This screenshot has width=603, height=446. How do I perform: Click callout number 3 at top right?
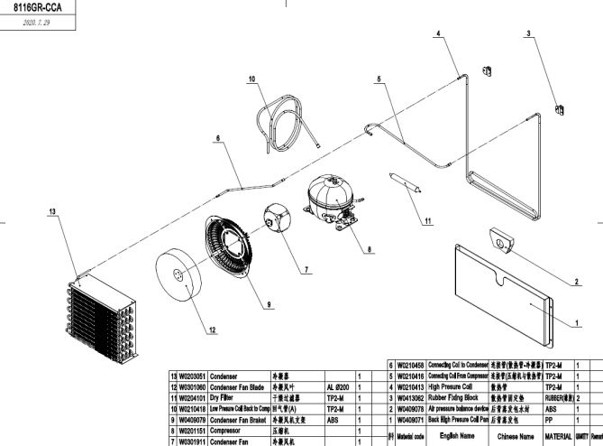(x=527, y=33)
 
